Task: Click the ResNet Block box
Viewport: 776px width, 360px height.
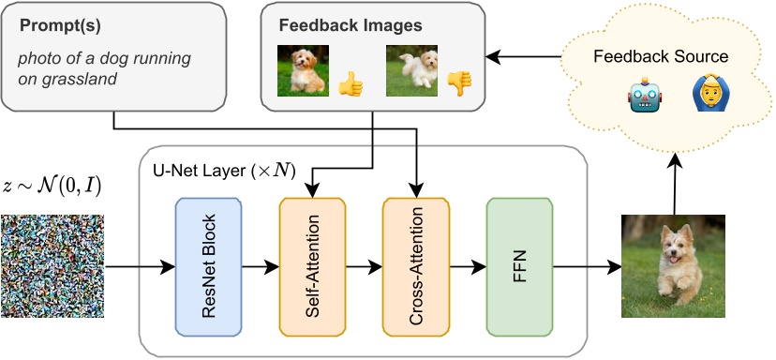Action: (208, 266)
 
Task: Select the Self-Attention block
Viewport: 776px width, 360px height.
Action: (312, 266)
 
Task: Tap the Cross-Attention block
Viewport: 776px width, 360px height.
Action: (415, 266)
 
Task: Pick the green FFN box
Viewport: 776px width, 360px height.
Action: (519, 266)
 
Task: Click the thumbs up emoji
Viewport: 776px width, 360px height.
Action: (350, 83)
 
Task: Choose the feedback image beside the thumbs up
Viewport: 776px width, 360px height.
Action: (301, 71)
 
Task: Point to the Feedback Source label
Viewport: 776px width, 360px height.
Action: (661, 57)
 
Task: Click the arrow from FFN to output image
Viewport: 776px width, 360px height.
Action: (586, 267)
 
